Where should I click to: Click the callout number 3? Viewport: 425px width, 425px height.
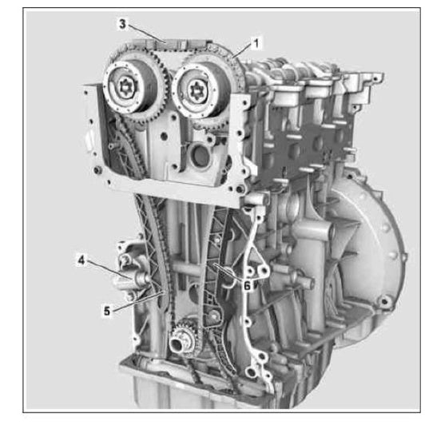[x=122, y=25]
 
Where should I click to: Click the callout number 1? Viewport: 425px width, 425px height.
[x=256, y=41]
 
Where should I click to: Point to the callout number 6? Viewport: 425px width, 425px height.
[x=248, y=283]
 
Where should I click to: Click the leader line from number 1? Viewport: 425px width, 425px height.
[x=243, y=49]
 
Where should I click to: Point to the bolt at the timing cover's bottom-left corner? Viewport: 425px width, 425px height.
[x=97, y=171]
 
